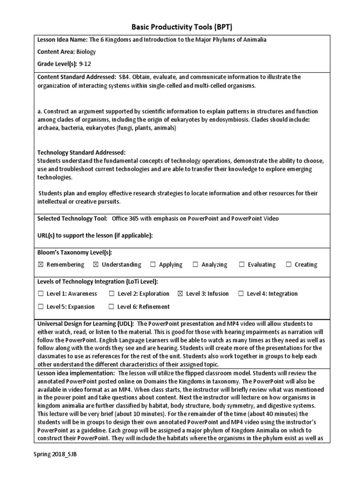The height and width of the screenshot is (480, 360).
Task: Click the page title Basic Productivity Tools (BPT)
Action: (x=180, y=26)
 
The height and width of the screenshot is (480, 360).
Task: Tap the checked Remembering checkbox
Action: (x=40, y=265)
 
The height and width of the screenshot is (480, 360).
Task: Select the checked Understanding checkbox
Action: (x=96, y=265)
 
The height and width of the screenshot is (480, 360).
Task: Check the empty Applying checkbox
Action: (x=153, y=265)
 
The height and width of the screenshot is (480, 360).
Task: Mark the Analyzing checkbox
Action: (x=195, y=265)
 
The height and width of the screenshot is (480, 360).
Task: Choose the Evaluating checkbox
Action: (x=241, y=265)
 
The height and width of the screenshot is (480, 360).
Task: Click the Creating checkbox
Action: (x=288, y=265)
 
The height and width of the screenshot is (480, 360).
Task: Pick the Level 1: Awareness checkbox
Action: (x=40, y=294)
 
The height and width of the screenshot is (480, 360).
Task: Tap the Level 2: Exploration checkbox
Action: (x=112, y=294)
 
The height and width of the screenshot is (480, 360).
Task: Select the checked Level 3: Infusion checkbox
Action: (x=180, y=294)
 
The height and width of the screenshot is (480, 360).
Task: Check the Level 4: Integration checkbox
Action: (x=241, y=294)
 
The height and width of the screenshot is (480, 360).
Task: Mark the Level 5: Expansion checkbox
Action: (x=40, y=307)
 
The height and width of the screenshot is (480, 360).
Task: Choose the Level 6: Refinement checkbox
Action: (x=111, y=307)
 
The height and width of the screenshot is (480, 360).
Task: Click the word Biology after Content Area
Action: (x=86, y=52)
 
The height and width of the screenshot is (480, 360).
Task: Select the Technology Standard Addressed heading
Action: (x=81, y=153)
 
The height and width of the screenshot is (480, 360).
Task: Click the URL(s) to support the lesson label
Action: (x=95, y=235)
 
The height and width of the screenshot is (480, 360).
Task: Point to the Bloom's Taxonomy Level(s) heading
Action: (x=75, y=253)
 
